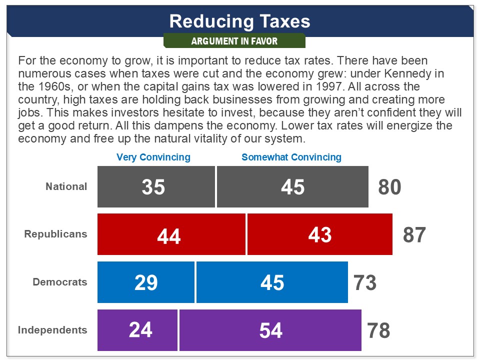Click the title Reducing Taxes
239,21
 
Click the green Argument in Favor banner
234,41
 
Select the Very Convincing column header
153,157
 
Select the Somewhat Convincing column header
291,157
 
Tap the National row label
66,186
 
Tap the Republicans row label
55,234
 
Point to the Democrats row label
59,282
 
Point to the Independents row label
52,330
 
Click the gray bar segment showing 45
292,186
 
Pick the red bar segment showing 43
319,234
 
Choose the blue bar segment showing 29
145,282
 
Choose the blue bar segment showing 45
272,282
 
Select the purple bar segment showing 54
270,330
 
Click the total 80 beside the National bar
390,187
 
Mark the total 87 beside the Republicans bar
414,235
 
